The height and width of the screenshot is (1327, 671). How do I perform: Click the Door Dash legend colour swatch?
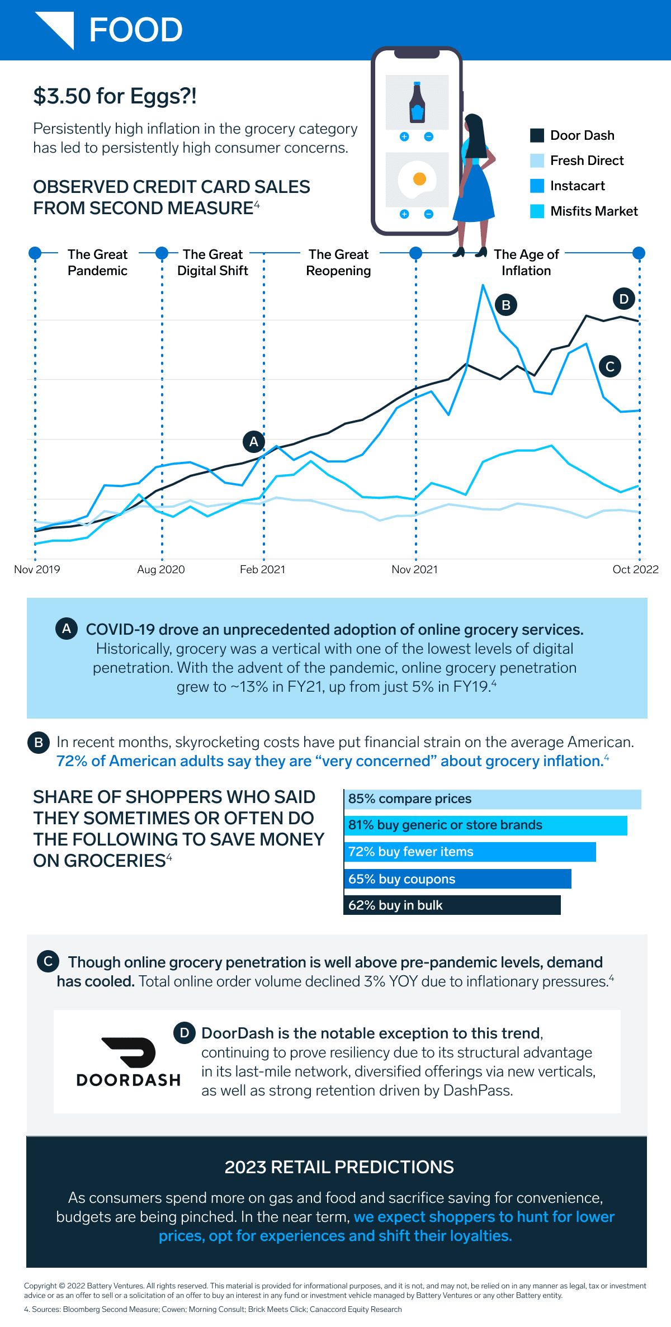click(x=537, y=135)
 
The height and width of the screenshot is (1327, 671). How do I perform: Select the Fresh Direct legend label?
click(x=587, y=161)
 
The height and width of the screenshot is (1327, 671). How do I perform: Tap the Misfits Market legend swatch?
click(x=537, y=211)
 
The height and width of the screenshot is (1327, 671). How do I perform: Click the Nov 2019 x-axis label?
click(x=37, y=569)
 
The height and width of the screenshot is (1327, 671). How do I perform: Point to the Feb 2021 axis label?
click(x=262, y=569)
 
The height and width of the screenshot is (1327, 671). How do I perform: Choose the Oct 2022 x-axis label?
click(x=635, y=569)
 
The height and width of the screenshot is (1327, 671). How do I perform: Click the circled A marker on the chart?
click(x=254, y=442)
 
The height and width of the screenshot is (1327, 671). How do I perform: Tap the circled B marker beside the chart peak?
click(x=506, y=305)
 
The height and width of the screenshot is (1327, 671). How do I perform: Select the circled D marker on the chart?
click(x=624, y=299)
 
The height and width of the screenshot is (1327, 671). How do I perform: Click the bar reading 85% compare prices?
click(x=492, y=799)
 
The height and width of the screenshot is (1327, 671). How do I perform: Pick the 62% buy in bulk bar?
click(x=452, y=905)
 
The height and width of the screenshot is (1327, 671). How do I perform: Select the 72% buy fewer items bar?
click(x=470, y=852)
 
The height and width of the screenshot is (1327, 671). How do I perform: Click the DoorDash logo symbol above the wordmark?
click(x=129, y=1052)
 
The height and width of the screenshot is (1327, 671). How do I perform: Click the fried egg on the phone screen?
click(x=417, y=180)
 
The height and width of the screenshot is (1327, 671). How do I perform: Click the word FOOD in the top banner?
click(x=136, y=30)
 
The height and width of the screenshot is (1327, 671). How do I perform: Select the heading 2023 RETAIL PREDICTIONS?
click(x=339, y=1167)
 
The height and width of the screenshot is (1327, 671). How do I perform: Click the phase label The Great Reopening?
click(x=338, y=262)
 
